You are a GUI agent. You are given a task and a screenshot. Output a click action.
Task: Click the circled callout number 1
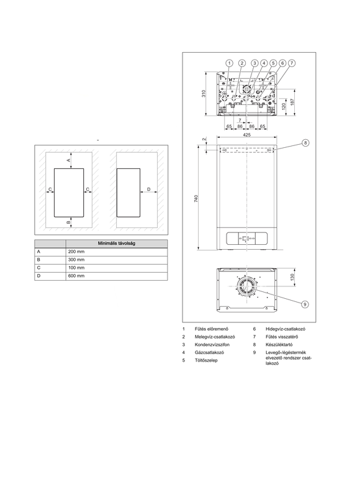[229, 63]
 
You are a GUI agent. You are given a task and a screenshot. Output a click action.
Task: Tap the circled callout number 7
[291, 63]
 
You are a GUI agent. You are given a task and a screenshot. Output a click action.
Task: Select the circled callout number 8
[305, 143]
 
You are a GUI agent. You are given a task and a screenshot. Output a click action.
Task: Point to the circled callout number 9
[305, 304]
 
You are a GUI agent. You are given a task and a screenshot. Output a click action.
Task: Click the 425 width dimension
[246, 135]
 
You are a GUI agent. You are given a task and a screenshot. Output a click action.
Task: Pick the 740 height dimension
[196, 199]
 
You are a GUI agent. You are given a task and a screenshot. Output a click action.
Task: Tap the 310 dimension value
[204, 94]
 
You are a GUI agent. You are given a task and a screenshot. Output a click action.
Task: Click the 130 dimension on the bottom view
[292, 276]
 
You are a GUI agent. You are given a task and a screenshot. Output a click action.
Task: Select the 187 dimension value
[292, 102]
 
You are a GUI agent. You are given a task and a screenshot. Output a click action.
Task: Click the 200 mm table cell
[76, 252]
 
